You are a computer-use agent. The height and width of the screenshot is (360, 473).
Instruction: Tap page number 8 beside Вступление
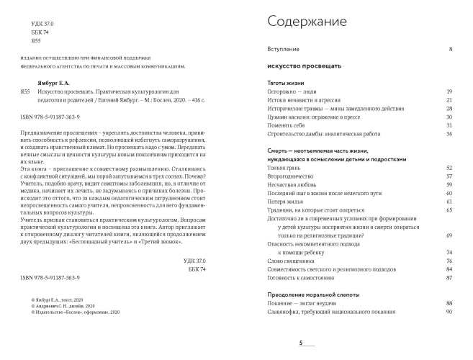tap(450, 49)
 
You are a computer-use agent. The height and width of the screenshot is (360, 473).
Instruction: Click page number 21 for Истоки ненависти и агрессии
tap(449, 100)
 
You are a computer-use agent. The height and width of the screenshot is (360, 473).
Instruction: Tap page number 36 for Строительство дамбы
tap(449, 133)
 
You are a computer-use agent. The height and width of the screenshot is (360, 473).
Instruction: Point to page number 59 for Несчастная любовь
tap(449, 184)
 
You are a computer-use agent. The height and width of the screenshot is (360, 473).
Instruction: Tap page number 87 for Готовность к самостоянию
tap(449, 277)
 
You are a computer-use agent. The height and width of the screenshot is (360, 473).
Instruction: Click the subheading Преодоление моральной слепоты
tap(309, 295)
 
